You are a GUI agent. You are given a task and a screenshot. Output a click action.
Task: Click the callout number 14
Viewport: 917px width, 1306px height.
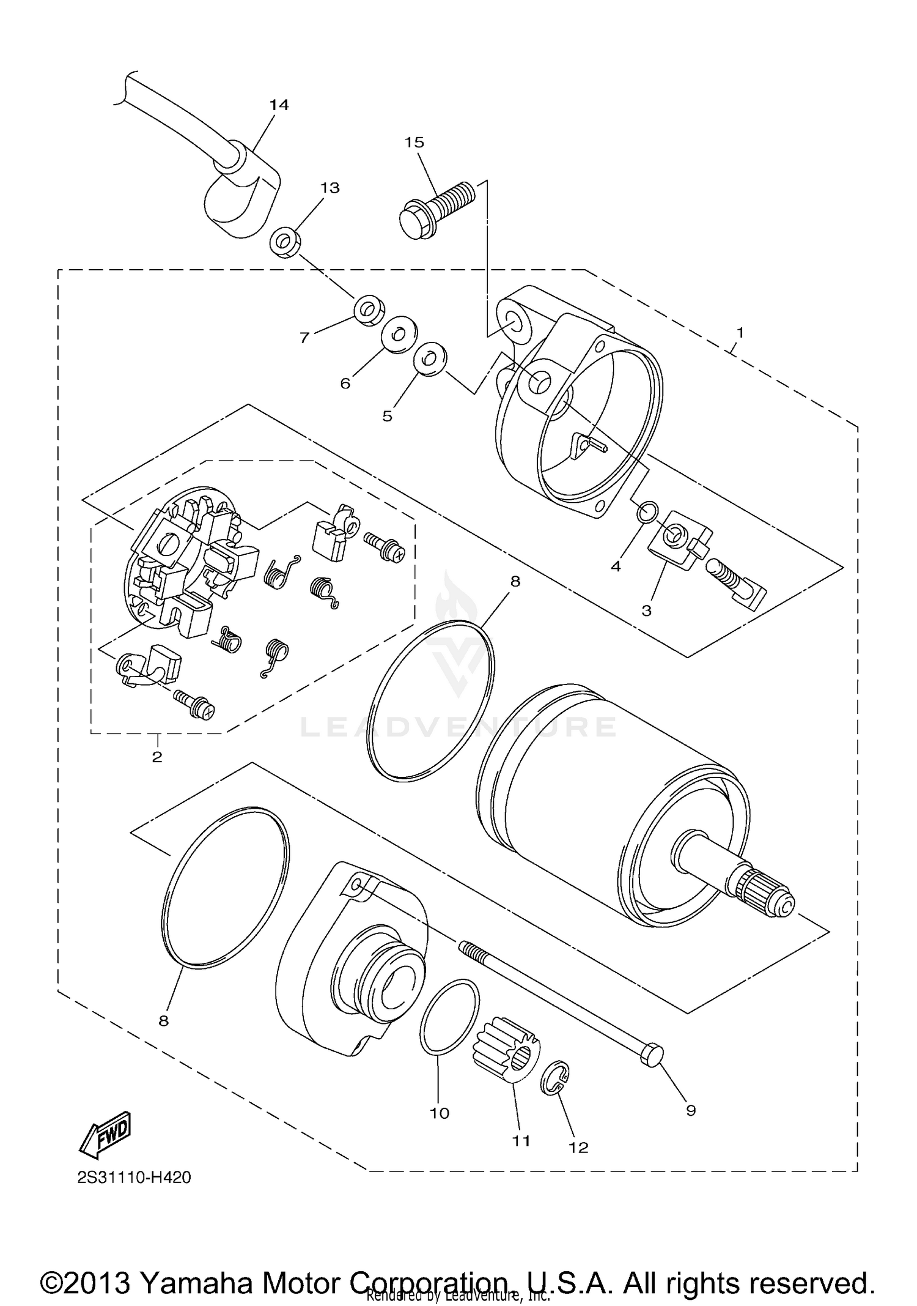click(x=279, y=105)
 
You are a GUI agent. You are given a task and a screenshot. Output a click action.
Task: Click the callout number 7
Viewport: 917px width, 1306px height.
click(x=304, y=337)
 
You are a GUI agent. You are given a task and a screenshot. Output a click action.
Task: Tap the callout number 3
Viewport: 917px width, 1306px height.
click(x=646, y=610)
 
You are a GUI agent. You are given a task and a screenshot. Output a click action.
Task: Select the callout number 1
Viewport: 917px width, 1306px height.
click(x=740, y=333)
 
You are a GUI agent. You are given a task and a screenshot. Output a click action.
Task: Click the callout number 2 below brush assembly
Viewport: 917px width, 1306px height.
click(x=157, y=757)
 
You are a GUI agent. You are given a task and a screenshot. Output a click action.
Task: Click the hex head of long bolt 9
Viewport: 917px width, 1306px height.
click(x=652, y=1056)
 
